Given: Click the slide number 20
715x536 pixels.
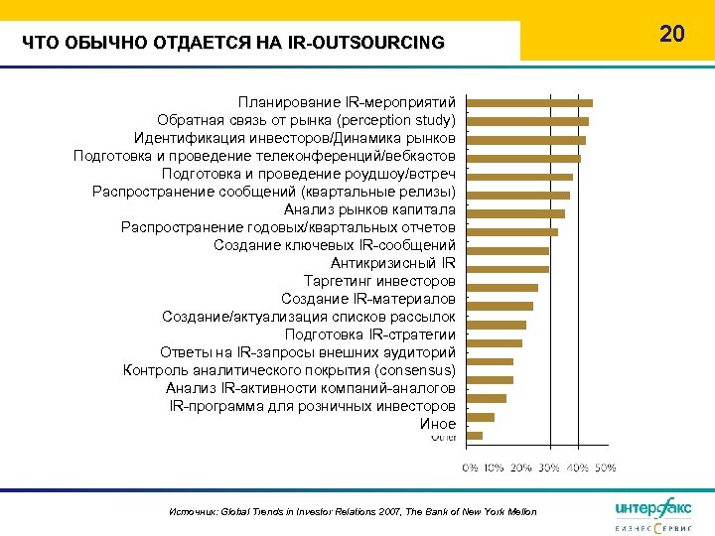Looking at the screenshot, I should click(672, 34).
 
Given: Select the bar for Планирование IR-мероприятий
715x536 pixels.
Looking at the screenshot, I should click(529, 103).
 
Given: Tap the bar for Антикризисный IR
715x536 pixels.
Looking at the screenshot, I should click(507, 269).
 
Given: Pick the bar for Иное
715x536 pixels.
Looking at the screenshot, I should click(475, 435).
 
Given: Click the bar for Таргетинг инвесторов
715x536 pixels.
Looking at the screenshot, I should click(502, 287).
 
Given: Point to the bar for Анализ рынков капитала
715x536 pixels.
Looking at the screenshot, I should click(515, 213).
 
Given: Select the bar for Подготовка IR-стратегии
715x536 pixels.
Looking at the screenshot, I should click(495, 342).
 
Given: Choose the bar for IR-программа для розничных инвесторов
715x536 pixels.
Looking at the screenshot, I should click(481, 417).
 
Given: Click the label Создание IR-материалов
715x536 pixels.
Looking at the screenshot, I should click(368, 299).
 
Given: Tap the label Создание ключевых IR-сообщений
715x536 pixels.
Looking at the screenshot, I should click(335, 245).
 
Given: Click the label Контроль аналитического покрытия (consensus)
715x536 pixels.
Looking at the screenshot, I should click(289, 370).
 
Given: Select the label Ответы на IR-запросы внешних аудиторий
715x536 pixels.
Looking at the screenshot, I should click(308, 352).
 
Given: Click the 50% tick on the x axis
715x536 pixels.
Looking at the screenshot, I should click(607, 467).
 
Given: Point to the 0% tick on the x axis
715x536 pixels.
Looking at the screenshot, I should click(471, 467).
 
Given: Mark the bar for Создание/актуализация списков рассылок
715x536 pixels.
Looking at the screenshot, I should click(497, 325).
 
